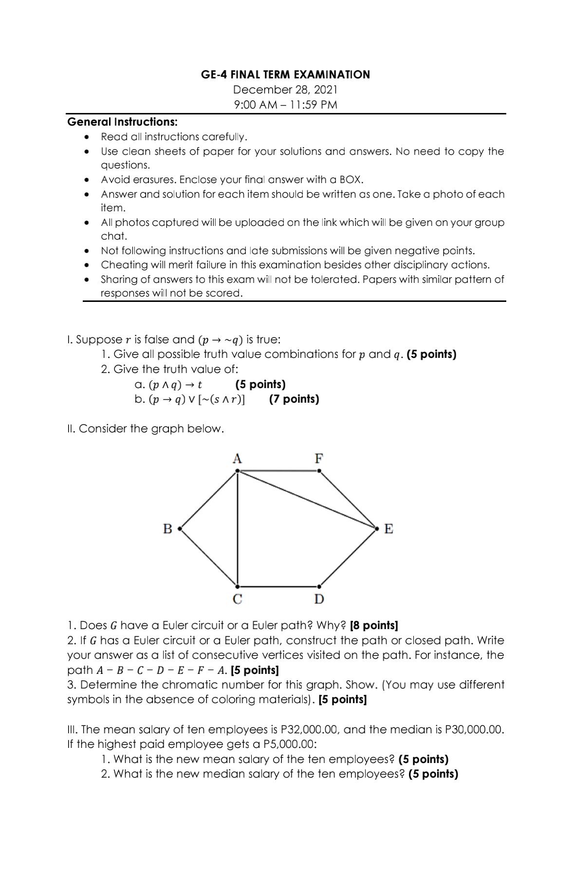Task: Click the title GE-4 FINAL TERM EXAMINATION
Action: (x=285, y=74)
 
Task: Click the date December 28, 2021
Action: (x=285, y=90)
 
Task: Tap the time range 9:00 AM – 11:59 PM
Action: (x=285, y=105)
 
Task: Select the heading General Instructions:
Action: (x=122, y=121)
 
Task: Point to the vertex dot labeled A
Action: (x=237, y=471)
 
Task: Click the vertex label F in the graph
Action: (x=319, y=458)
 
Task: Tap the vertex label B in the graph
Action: (x=167, y=528)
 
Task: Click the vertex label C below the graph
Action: (x=237, y=599)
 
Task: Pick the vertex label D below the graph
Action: (x=319, y=599)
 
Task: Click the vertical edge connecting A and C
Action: (x=237, y=528)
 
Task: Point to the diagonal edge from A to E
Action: (x=307, y=499)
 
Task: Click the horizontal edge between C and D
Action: (x=278, y=586)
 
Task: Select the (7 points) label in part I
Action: (x=294, y=399)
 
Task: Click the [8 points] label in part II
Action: (x=374, y=625)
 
